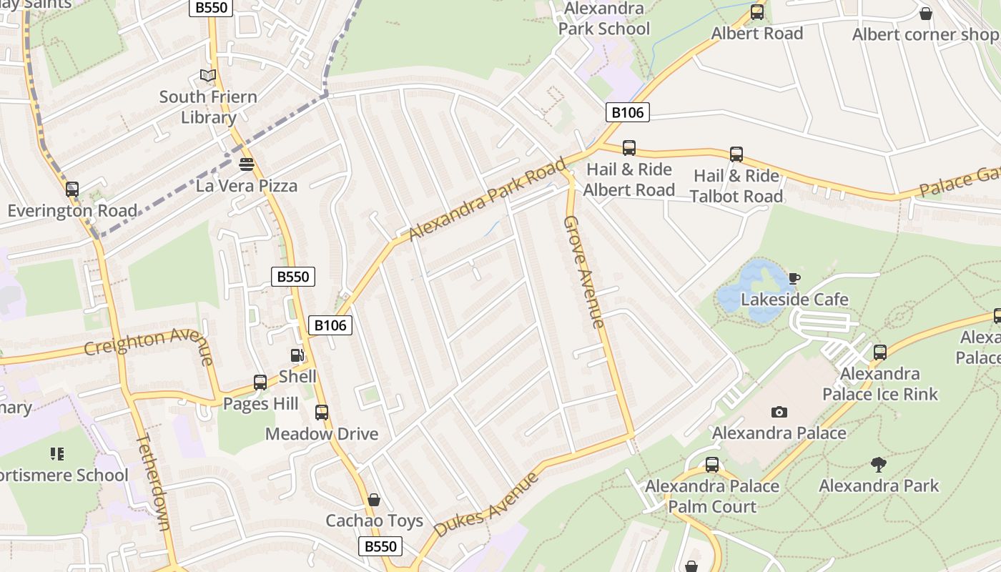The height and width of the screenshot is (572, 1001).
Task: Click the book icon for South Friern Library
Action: pos(208,75)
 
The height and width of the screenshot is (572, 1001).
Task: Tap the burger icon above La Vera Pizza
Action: pos(247,164)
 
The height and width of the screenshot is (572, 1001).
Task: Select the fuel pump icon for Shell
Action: pos(297,355)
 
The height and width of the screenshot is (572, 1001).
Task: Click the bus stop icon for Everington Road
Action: pos(72,189)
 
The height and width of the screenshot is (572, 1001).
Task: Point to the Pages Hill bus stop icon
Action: pos(260,383)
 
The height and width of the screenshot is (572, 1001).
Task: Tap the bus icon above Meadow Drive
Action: pos(322,413)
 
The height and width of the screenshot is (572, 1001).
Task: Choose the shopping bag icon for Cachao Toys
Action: pos(374,500)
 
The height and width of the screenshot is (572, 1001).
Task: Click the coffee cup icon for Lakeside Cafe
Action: pos(794,278)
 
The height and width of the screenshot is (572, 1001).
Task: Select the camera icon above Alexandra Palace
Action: pos(779,412)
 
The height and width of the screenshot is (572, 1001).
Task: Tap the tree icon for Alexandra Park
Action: pos(879,465)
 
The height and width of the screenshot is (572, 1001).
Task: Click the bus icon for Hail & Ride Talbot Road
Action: pos(736,154)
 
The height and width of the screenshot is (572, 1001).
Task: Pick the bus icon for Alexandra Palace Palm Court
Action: pos(712,465)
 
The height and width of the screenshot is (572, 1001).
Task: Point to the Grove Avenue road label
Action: pos(583,272)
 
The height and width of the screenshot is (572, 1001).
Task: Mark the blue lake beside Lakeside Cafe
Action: pos(751,286)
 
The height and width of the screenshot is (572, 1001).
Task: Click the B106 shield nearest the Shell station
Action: pos(331,325)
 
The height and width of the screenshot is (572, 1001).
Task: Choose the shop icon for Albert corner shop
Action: pos(926,14)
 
